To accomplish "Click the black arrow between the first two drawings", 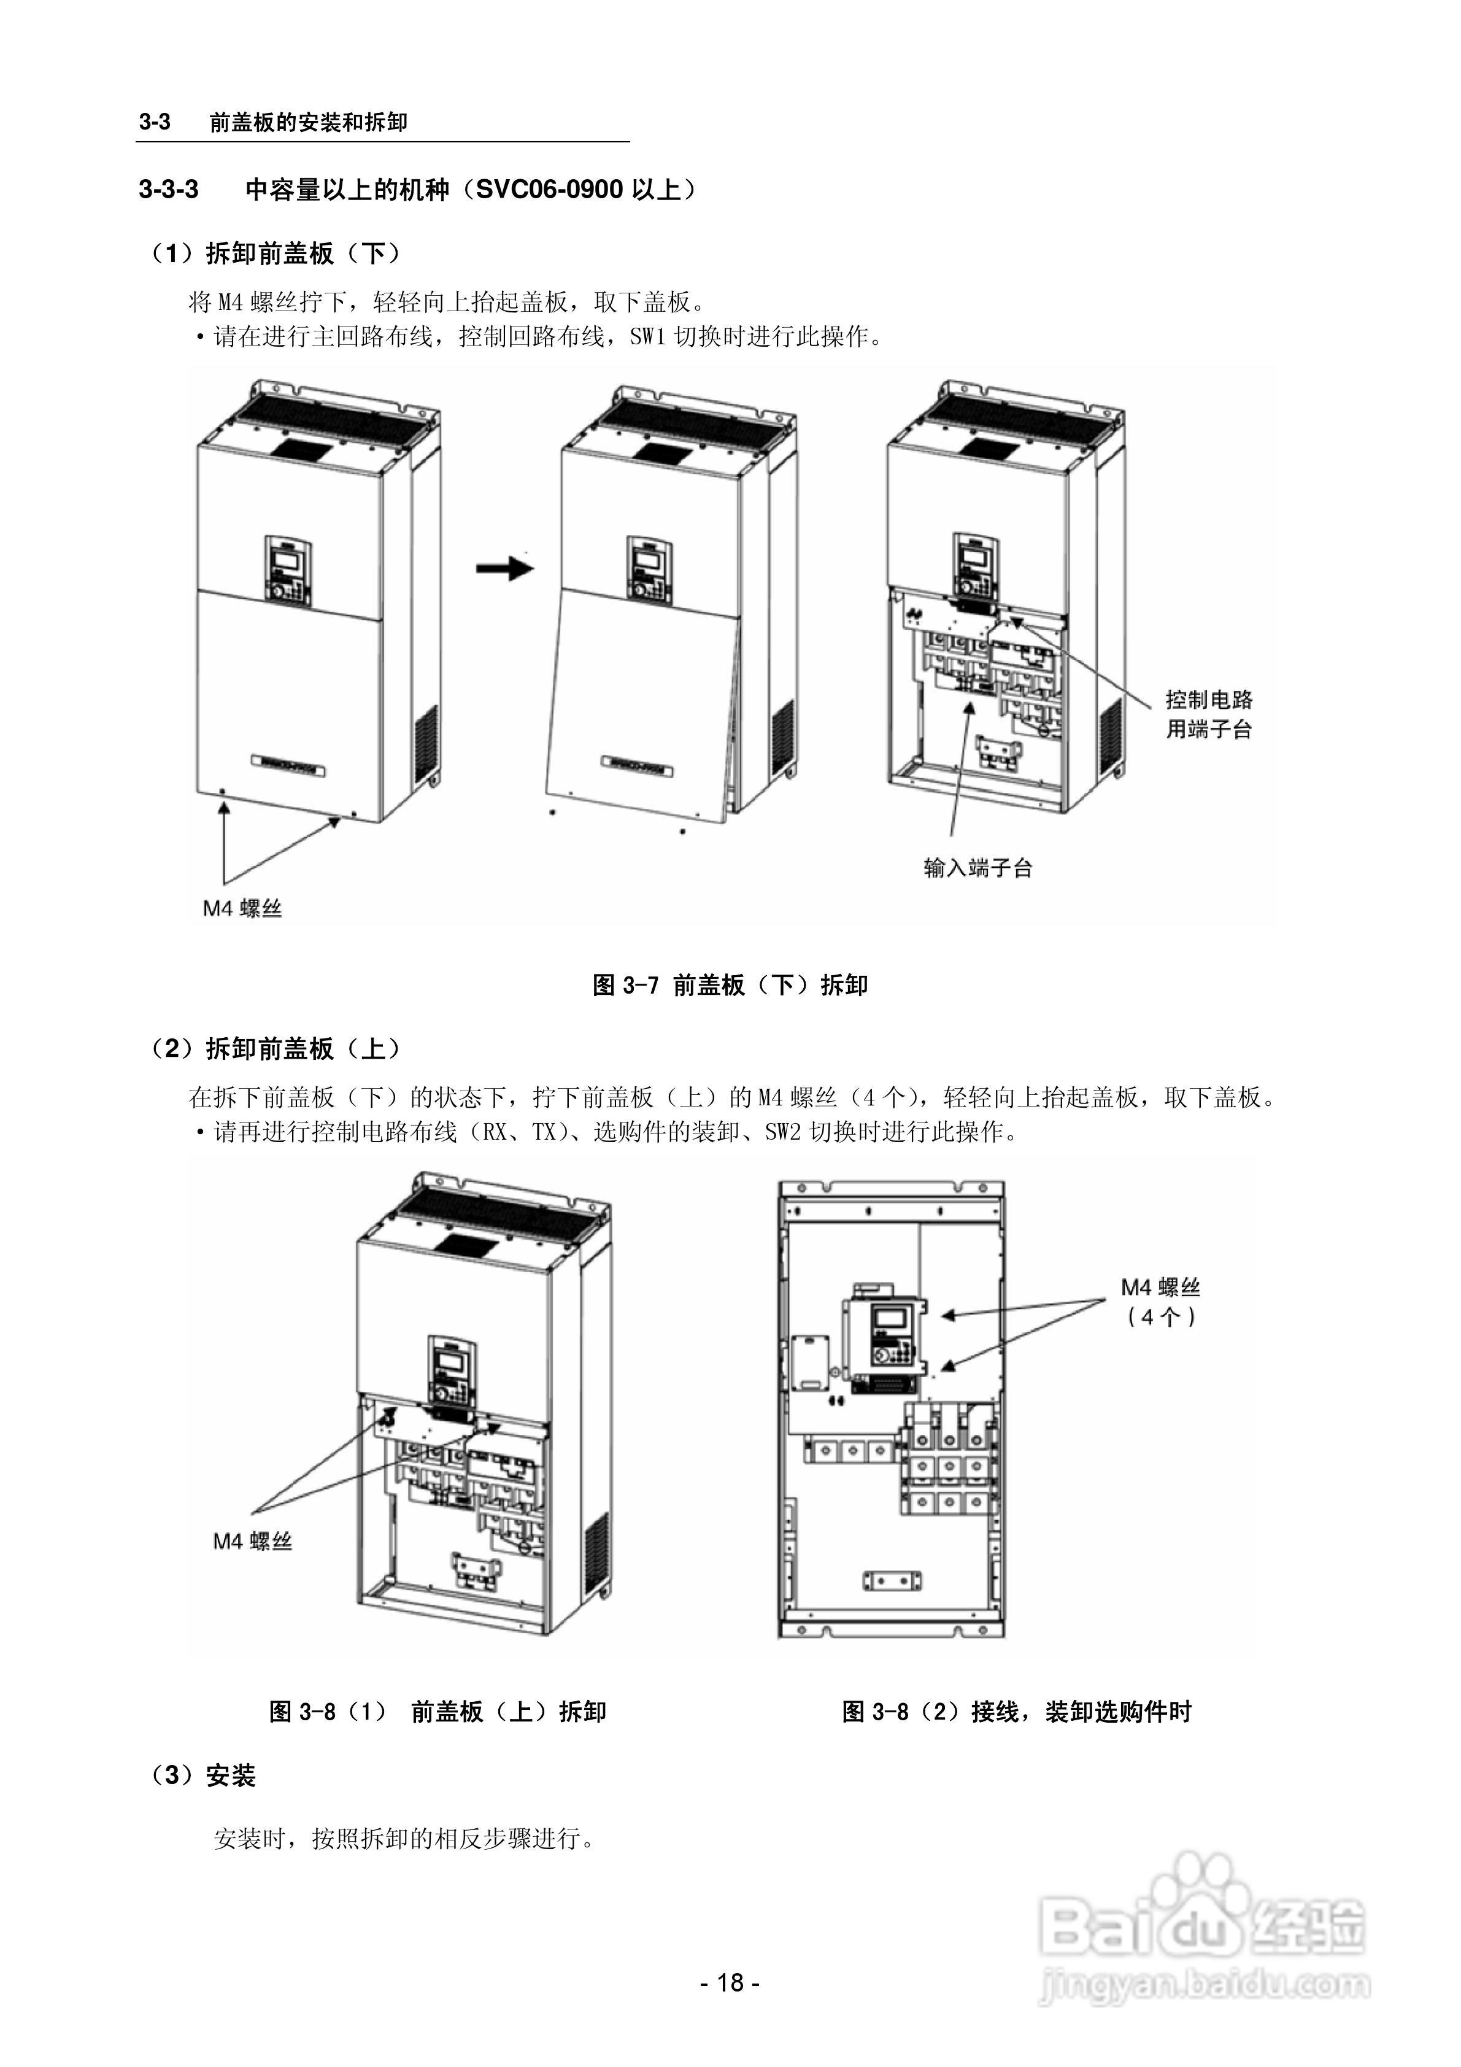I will tap(506, 568).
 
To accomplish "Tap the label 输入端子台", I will tap(977, 868).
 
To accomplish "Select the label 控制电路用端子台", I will tap(1208, 714).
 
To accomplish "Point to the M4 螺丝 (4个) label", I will tap(1160, 1302).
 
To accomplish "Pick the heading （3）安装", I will tap(204, 1775).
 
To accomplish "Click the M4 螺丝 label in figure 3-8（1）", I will tap(252, 1541).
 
